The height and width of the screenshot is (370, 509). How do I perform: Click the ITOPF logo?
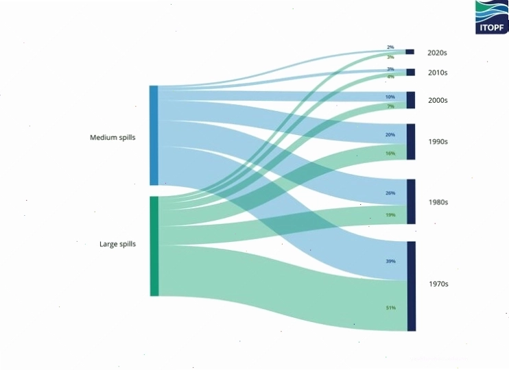point(492,17)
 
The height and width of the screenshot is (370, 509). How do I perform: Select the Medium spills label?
point(113,138)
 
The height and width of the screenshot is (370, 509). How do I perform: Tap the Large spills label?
point(117,244)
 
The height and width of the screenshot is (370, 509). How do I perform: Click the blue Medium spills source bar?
point(154,135)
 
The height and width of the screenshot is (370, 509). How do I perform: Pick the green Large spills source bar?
point(154,246)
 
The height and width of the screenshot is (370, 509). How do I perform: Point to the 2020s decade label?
point(437,53)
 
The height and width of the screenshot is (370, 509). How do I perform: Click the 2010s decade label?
point(438,73)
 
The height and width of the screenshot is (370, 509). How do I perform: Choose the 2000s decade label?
point(438,100)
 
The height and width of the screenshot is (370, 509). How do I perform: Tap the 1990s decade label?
point(438,141)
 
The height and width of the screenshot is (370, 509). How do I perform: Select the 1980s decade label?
point(438,202)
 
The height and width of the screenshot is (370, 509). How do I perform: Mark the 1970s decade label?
point(438,284)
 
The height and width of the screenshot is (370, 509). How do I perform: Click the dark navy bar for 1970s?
point(412,286)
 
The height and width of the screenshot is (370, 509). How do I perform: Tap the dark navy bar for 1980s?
point(411,201)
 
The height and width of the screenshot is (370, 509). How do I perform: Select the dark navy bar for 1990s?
point(411,142)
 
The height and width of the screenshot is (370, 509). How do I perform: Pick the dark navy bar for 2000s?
point(411,100)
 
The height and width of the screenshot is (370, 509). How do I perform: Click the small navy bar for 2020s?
point(410,51)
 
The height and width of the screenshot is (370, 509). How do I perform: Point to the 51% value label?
point(391,308)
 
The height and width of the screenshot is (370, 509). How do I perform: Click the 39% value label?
point(390,261)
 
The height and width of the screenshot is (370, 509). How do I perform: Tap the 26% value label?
point(390,193)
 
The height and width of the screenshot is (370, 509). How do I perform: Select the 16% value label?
point(390,153)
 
